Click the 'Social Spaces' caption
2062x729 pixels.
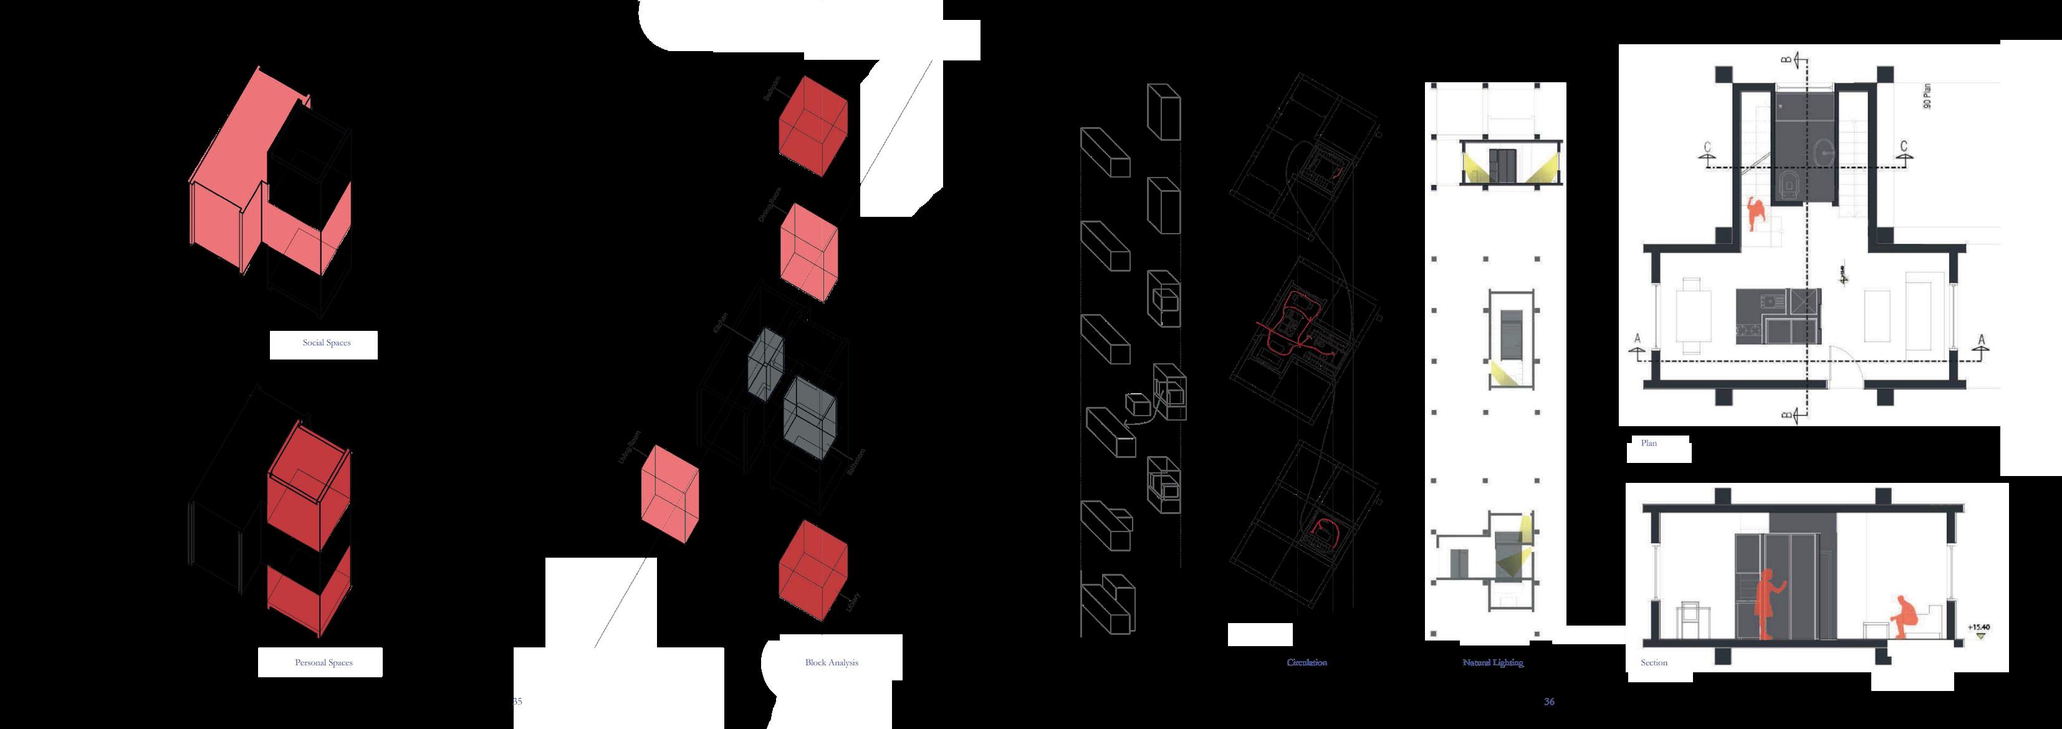(326, 343)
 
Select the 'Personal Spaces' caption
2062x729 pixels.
(324, 662)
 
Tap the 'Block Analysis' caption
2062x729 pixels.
(831, 662)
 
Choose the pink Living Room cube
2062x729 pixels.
(670, 496)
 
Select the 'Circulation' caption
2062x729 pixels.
(1307, 662)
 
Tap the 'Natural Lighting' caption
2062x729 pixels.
(1493, 662)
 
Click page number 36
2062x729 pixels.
(1549, 702)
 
